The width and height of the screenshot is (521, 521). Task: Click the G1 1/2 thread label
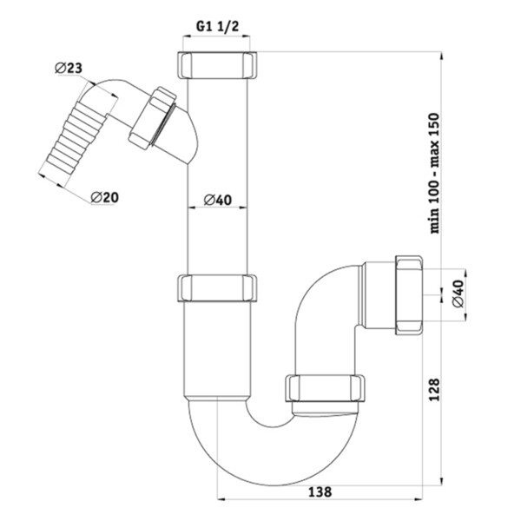coord(217,26)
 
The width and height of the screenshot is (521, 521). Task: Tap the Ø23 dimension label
coord(69,68)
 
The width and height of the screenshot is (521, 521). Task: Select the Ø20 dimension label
coord(104,197)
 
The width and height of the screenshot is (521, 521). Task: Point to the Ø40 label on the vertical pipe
coord(218,200)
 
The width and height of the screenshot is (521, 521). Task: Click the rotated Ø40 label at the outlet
coord(458,293)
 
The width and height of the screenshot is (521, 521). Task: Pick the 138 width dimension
coord(320,492)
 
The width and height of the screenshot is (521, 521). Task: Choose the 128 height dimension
coord(435,390)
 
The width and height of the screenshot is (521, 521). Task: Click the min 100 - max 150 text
coord(435,173)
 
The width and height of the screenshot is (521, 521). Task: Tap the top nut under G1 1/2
coord(218,65)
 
